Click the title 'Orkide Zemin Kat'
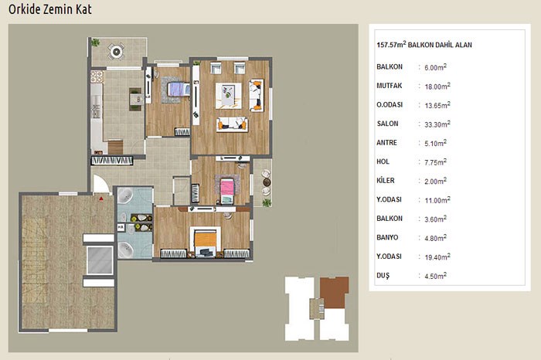50,9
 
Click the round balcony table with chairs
116,52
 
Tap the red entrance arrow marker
101,199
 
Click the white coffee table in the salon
229,96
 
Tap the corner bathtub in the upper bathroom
124,195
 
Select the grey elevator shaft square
100,260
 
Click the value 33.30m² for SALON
437,124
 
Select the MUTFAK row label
390,86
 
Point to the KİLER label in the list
386,180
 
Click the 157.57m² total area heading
424,45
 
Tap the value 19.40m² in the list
437,257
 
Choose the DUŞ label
383,276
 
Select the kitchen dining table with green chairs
135,100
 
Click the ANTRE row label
386,142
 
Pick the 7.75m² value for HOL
435,162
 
